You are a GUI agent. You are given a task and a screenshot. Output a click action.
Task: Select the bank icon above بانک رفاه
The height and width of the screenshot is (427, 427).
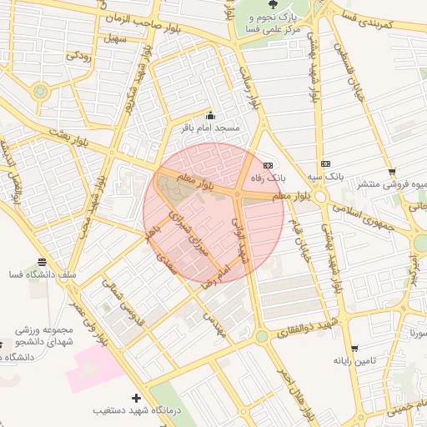(x=268, y=165)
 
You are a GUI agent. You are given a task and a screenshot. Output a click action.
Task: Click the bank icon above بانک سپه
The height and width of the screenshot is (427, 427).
(x=325, y=164)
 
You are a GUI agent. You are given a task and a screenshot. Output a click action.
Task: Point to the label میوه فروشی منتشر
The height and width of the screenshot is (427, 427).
(x=391, y=183)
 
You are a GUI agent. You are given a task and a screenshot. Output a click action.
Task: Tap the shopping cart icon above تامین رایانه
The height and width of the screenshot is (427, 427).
(x=354, y=349)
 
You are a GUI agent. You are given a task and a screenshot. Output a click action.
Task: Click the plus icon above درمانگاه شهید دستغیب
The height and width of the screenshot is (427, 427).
(x=136, y=398)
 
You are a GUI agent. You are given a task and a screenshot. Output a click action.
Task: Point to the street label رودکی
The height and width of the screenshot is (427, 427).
(x=78, y=56)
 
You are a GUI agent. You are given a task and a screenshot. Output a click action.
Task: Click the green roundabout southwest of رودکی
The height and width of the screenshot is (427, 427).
(x=40, y=91)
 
